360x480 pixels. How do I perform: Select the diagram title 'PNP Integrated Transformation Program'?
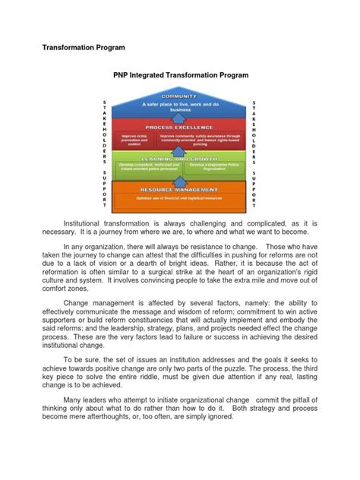[179, 76]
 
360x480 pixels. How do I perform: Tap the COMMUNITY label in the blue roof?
[180, 96]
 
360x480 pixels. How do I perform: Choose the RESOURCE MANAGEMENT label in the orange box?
[180, 189]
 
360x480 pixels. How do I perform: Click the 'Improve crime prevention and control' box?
[134, 139]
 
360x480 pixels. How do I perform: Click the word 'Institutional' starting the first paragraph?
[87, 225]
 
